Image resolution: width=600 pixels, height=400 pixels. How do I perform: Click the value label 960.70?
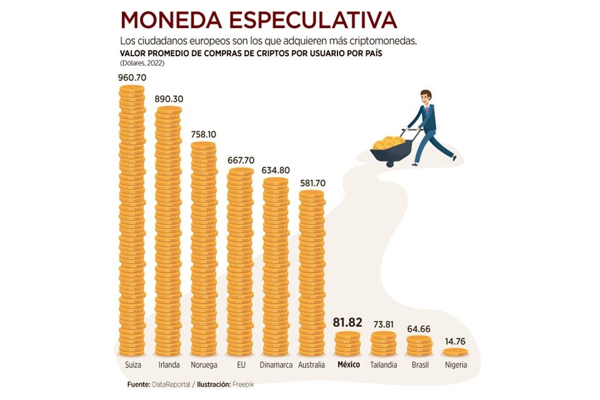tap(131, 78)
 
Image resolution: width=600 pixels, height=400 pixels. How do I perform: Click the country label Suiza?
tap(132, 365)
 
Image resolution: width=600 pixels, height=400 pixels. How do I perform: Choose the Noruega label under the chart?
tap(204, 365)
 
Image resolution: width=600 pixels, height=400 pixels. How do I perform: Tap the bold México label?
tap(347, 365)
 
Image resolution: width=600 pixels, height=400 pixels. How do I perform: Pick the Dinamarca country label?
tap(275, 365)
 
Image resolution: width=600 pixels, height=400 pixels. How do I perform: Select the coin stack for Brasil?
tap(419, 346)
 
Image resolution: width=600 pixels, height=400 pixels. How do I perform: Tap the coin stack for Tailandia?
tap(383, 344)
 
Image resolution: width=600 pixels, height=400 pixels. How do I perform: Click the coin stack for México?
tap(347, 344)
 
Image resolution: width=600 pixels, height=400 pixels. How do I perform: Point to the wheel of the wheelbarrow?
tap(392, 162)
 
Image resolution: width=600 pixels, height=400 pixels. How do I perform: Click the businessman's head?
tap(426, 97)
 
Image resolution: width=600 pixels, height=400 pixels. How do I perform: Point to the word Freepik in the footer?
tap(244, 384)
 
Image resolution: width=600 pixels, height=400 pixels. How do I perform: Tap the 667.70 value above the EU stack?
tap(240, 161)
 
